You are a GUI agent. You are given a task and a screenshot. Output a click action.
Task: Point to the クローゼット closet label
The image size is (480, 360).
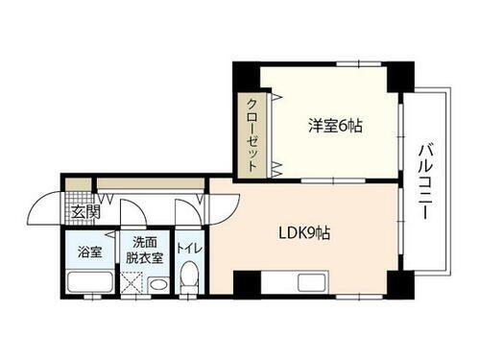coord(252,135)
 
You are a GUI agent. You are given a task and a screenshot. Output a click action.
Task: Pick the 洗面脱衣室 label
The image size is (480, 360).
coord(147,252)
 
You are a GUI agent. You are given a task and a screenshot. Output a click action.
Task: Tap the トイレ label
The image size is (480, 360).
coord(190,251)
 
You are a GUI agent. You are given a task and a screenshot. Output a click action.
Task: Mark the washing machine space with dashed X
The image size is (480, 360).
coord(132,283)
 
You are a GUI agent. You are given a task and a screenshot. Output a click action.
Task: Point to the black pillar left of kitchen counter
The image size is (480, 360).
coord(247,284)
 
